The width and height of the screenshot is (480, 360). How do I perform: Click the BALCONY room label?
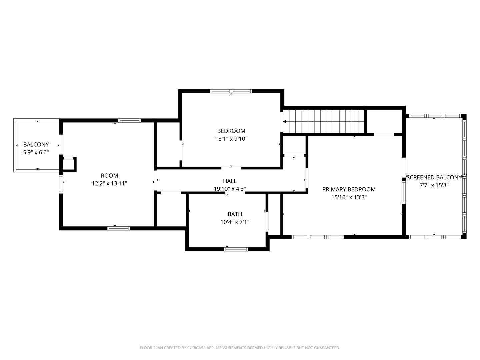tap(36, 144)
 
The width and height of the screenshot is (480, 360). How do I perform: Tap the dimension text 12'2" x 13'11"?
tap(109, 183)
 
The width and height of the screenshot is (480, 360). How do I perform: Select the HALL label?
tap(230, 181)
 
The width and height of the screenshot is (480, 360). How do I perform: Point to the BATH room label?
tap(235, 214)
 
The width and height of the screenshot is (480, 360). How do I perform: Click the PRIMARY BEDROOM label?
tap(349, 189)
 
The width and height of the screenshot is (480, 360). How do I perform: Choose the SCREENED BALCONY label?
tap(434, 177)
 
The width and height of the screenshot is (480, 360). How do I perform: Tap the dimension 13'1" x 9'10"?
tap(231, 139)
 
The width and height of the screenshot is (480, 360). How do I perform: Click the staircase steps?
tap(324, 121)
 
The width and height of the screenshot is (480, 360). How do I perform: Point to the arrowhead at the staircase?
tap(285, 122)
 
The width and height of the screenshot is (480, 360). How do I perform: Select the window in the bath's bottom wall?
tap(236, 249)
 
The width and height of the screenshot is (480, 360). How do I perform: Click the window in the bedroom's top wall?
tap(231, 91)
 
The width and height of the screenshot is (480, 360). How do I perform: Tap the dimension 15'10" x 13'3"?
tap(349, 197)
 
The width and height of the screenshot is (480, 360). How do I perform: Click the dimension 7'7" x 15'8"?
tap(434, 185)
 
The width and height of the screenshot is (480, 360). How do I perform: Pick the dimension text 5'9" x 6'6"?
tap(36, 152)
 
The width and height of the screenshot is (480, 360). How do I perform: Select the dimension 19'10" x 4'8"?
tap(230, 189)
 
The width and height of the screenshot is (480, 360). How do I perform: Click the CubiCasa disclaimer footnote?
tap(240, 348)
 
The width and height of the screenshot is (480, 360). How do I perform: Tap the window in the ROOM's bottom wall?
tap(119, 228)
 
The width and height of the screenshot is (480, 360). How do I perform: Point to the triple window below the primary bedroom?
tap(318, 237)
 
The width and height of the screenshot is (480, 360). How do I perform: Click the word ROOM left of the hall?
tap(109, 176)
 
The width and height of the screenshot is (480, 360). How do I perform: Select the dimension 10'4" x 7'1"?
tap(235, 222)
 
